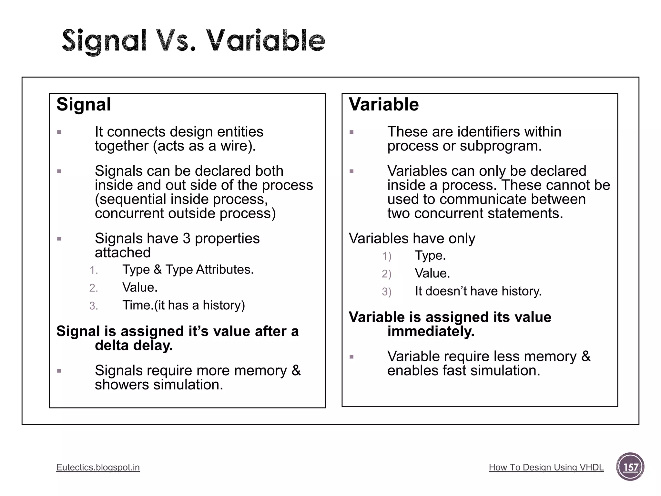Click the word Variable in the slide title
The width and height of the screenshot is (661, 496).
point(265,41)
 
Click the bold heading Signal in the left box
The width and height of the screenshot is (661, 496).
point(84,105)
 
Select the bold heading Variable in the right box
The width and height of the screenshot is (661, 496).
point(384,105)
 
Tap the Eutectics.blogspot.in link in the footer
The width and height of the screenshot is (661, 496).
point(98,467)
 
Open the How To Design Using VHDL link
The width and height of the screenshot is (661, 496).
point(546,467)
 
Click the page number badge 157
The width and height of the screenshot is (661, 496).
point(630,467)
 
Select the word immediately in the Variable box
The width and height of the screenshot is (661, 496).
point(431,331)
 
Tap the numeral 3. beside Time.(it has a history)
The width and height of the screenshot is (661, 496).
point(94,306)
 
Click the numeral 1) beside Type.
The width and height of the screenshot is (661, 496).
point(387,256)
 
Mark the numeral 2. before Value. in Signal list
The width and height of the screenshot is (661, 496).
point(94,288)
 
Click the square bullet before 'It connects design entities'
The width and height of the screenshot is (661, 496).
point(59,132)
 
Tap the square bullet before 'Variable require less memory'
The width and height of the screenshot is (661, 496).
point(352,357)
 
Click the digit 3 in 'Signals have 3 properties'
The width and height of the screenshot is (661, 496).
point(186,239)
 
